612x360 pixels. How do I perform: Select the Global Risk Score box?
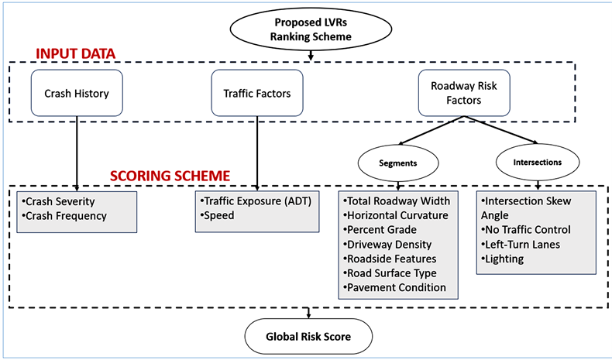click(x=310, y=337)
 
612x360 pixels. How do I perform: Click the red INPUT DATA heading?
click(x=75, y=53)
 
